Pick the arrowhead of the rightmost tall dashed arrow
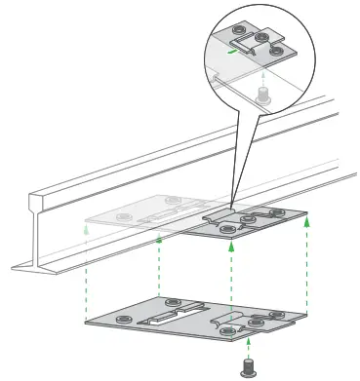tap(308, 221)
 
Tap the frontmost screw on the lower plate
tap(227, 332)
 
